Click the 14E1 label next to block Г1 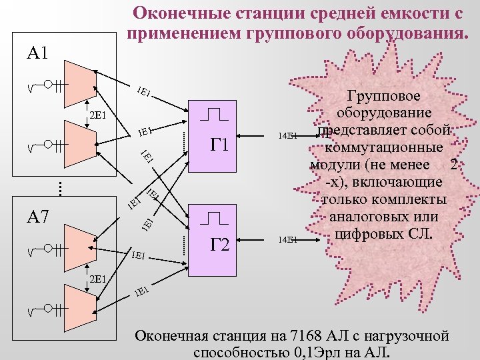(288, 136)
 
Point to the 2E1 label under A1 (99, 114)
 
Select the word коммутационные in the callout (384, 147)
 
